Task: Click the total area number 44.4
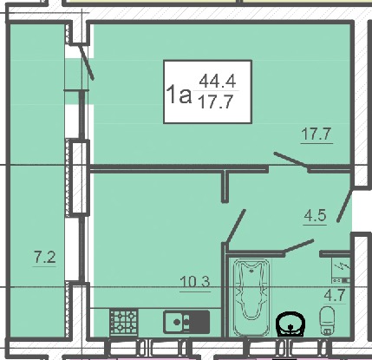[x=218, y=81]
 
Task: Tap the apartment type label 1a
[x=179, y=95]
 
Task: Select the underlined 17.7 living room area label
[x=316, y=134]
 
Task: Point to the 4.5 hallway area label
[x=315, y=215]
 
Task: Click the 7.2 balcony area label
[x=45, y=257]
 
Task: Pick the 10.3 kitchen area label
[x=195, y=282]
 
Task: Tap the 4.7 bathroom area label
[x=335, y=295]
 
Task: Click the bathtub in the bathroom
[x=251, y=298]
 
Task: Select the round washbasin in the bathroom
[x=290, y=324]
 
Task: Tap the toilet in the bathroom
[x=328, y=321]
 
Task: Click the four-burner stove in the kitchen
[x=123, y=323]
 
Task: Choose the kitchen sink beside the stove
[x=186, y=322]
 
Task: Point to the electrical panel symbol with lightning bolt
[x=341, y=271]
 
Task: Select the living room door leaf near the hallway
[x=291, y=160]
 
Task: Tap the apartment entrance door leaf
[x=344, y=206]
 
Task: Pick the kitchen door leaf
[x=236, y=226]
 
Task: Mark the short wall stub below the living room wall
[x=225, y=187]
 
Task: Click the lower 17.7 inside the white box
[x=215, y=102]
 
